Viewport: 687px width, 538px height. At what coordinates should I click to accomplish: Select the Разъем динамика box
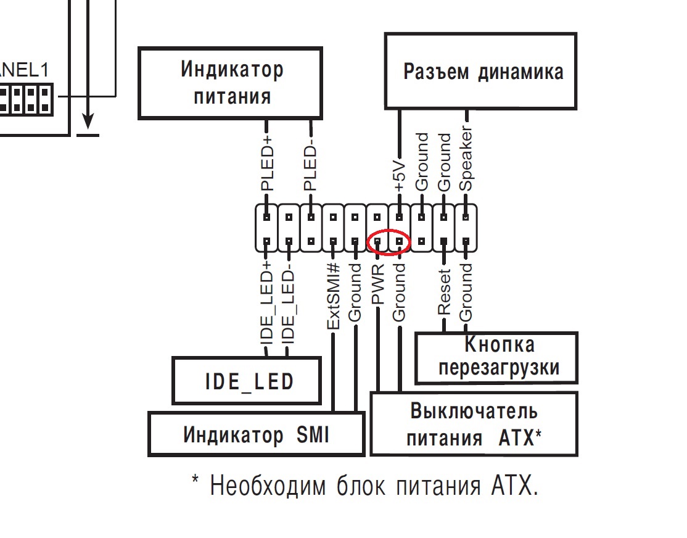pyautogui.click(x=482, y=71)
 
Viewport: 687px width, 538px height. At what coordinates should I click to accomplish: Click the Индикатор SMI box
pyautogui.click(x=256, y=435)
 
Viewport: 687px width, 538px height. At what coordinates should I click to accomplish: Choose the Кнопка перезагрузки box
pyautogui.click(x=498, y=357)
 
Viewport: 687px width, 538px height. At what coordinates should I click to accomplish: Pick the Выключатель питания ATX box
pyautogui.click(x=474, y=424)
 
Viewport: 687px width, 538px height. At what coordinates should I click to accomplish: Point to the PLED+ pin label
pyautogui.click(x=267, y=167)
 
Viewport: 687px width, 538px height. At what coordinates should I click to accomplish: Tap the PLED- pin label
pyautogui.click(x=311, y=167)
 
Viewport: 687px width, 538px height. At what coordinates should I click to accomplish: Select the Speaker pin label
pyautogui.click(x=467, y=160)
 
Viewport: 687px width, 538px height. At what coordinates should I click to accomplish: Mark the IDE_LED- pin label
pyautogui.click(x=288, y=302)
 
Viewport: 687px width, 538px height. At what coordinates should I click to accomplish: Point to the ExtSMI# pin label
pyautogui.click(x=333, y=295)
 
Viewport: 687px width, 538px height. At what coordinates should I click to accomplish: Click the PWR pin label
pyautogui.click(x=377, y=284)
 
